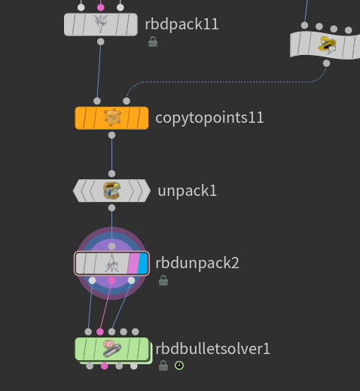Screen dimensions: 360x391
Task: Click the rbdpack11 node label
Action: [182, 24]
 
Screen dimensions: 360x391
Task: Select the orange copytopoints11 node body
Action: [111, 118]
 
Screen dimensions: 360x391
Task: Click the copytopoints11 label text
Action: [209, 118]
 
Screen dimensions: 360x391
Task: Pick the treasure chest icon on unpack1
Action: [112, 191]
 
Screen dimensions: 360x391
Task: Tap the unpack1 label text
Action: [187, 191]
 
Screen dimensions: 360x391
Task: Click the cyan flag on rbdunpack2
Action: [143, 264]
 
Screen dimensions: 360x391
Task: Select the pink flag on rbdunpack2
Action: [133, 264]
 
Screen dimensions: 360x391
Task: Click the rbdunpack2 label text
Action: [197, 263]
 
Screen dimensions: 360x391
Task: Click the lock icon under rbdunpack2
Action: [163, 280]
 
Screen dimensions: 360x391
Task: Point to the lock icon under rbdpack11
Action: [153, 41]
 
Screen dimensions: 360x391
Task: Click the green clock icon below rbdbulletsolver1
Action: [179, 365]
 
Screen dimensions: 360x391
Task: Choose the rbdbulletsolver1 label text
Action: [212, 349]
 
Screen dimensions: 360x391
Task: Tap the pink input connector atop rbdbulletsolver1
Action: [100, 331]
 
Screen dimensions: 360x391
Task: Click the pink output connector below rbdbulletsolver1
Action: [105, 366]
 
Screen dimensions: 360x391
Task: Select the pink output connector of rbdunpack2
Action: [111, 280]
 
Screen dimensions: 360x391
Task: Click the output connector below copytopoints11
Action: [111, 136]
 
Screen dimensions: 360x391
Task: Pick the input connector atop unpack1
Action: [111, 173]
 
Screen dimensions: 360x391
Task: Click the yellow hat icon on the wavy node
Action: [327, 45]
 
